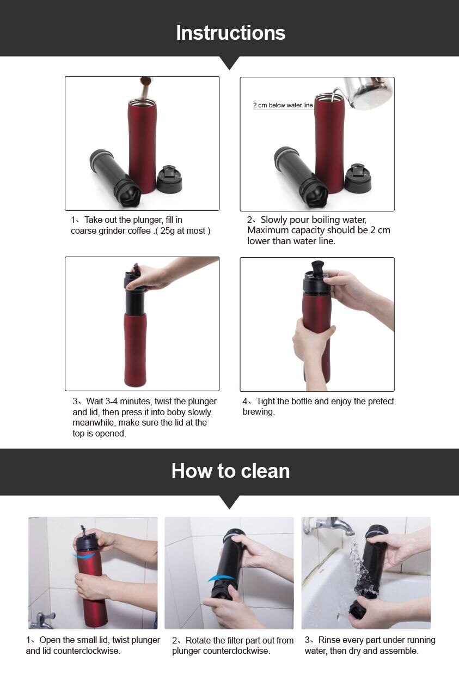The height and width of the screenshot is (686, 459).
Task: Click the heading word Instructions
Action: click(x=230, y=33)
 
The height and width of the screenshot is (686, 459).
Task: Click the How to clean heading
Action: click(x=230, y=471)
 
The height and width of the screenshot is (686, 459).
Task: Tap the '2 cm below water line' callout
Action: click(x=283, y=105)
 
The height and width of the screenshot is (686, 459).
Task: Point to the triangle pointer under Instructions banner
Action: click(x=229, y=63)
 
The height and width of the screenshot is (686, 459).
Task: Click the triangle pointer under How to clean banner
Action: click(x=229, y=502)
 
